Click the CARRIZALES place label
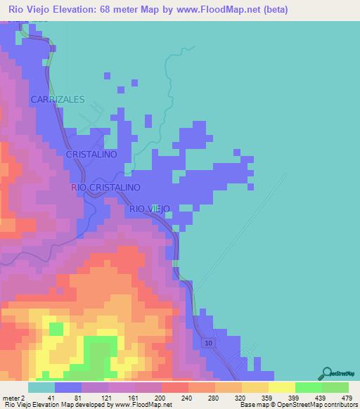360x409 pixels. tap(57, 100)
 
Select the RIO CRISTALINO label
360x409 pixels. tap(106, 188)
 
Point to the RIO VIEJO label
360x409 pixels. tap(150, 209)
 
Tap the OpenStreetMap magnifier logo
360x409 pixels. tap(327, 372)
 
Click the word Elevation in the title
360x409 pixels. tap(79, 9)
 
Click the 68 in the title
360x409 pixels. tap(114, 9)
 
